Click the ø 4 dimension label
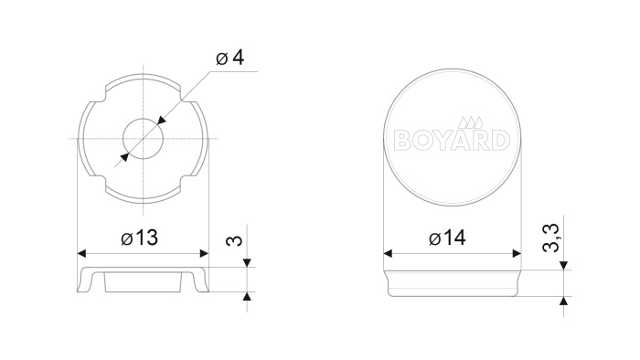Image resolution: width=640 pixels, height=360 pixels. click(x=229, y=58)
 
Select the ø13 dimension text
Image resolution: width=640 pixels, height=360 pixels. click(x=140, y=238)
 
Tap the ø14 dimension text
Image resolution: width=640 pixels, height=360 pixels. click(x=447, y=238)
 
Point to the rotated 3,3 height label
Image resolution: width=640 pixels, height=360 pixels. click(x=550, y=238)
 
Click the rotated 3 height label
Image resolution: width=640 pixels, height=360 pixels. click(x=234, y=241)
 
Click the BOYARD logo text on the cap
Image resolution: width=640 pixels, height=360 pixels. click(x=452, y=140)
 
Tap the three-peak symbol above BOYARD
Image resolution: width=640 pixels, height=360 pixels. click(x=471, y=122)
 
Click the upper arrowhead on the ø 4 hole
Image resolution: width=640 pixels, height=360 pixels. click(x=161, y=121)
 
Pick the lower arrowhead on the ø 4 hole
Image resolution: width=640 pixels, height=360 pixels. click(x=124, y=157)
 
